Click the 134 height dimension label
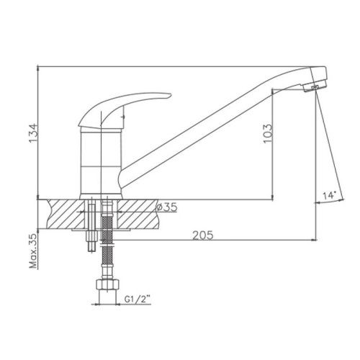pos(33,133)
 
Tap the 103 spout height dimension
pos(268,134)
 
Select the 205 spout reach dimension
pos(202,235)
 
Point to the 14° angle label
pos(329,196)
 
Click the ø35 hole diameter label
pos(167,207)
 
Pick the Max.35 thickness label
pos(33,251)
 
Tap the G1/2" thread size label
pos(137,300)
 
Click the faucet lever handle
pos(120,108)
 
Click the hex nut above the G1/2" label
pos(107,284)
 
